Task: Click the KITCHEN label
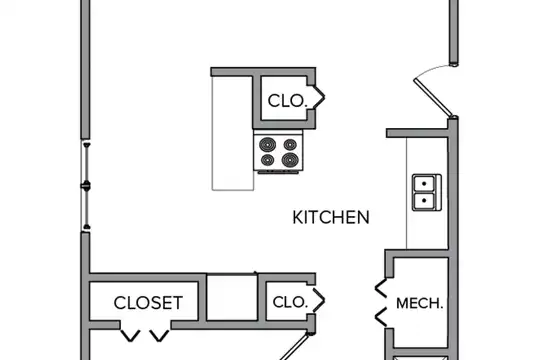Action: [331, 217]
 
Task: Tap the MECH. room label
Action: [419, 304]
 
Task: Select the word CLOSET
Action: [148, 303]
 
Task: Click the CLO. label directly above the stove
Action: [287, 101]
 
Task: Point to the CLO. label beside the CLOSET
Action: [290, 302]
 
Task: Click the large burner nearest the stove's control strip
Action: [290, 160]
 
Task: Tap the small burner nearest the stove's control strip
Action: [268, 160]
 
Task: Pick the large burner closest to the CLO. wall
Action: [268, 144]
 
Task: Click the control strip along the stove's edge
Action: [278, 171]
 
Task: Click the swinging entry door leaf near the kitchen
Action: [433, 97]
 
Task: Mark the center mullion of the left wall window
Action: [86, 186]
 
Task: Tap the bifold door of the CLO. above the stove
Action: [319, 97]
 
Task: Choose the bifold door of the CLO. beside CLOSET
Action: [319, 300]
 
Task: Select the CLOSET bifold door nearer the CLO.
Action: [160, 336]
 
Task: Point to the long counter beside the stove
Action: [233, 133]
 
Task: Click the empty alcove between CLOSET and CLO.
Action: [232, 297]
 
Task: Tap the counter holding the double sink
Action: [427, 193]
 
